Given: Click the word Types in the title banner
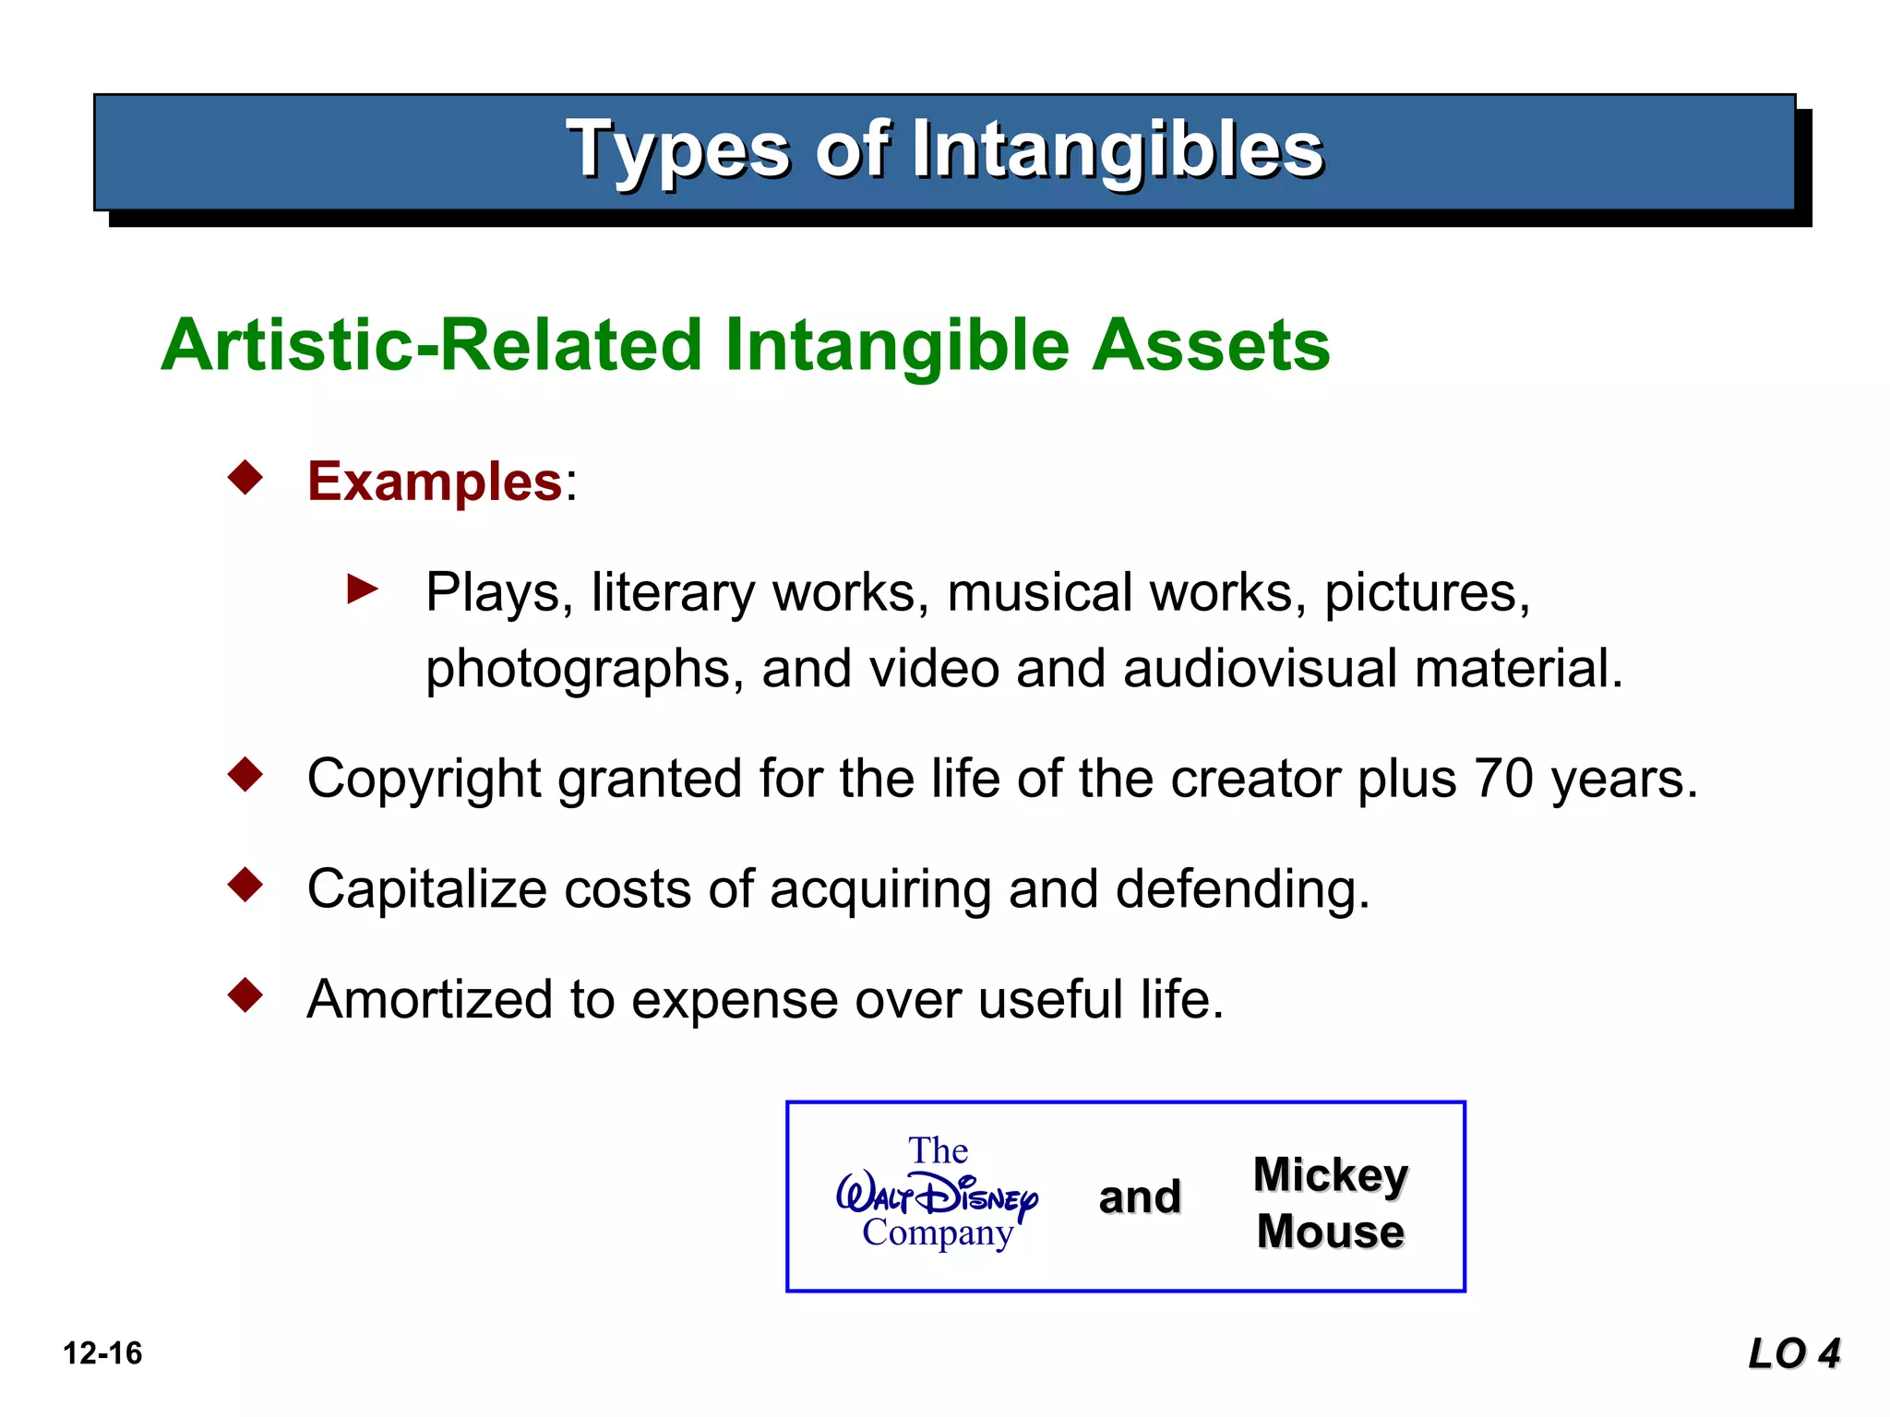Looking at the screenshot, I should pos(678,150).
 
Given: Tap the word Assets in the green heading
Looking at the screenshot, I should pos(1210,345).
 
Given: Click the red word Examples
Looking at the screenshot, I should pos(435,482).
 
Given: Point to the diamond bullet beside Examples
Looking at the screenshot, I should pos(245,478).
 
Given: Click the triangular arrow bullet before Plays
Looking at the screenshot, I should pos(362,589).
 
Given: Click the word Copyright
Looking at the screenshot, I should pos(424,780).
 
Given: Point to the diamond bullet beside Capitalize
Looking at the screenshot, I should pos(245,885).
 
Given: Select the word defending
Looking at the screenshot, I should pos(1242,890).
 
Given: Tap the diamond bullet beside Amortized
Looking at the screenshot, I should pos(245,995).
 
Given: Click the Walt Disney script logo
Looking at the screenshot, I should pos(937,1196).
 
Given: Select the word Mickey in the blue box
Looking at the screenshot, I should pos(1330,1174).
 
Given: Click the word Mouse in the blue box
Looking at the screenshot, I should pos(1330,1232).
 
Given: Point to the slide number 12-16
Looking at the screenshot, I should pos(102,1353).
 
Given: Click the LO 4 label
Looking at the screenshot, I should pos(1793,1353).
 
